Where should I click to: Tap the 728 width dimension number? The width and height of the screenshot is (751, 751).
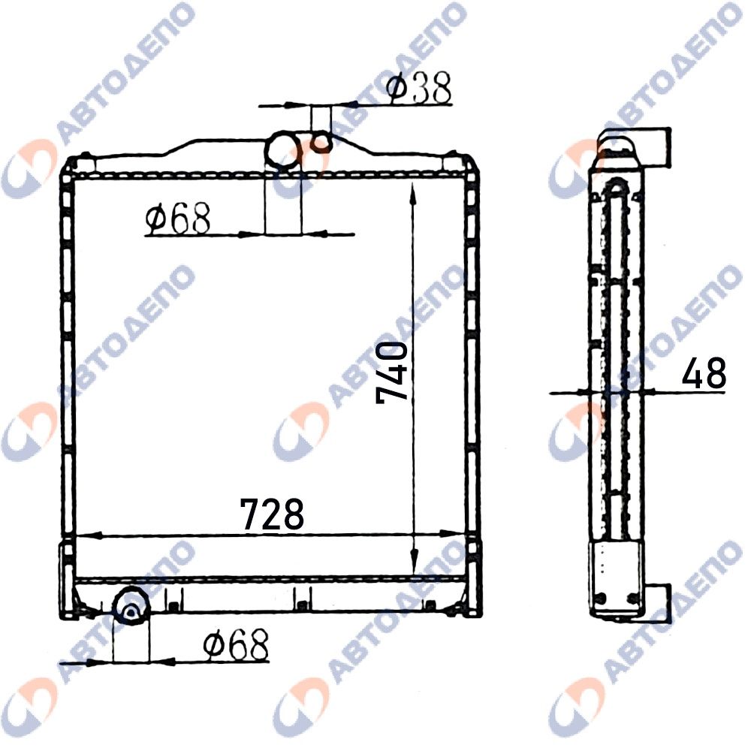click(x=272, y=514)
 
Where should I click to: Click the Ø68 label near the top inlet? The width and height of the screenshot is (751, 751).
click(x=178, y=218)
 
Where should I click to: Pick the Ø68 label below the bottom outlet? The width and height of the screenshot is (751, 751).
click(x=236, y=644)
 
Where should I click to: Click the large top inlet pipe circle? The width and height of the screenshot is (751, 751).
click(x=283, y=150)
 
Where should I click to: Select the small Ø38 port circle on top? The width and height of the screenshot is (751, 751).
click(x=321, y=142)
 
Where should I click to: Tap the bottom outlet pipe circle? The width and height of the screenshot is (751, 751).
click(x=131, y=606)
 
